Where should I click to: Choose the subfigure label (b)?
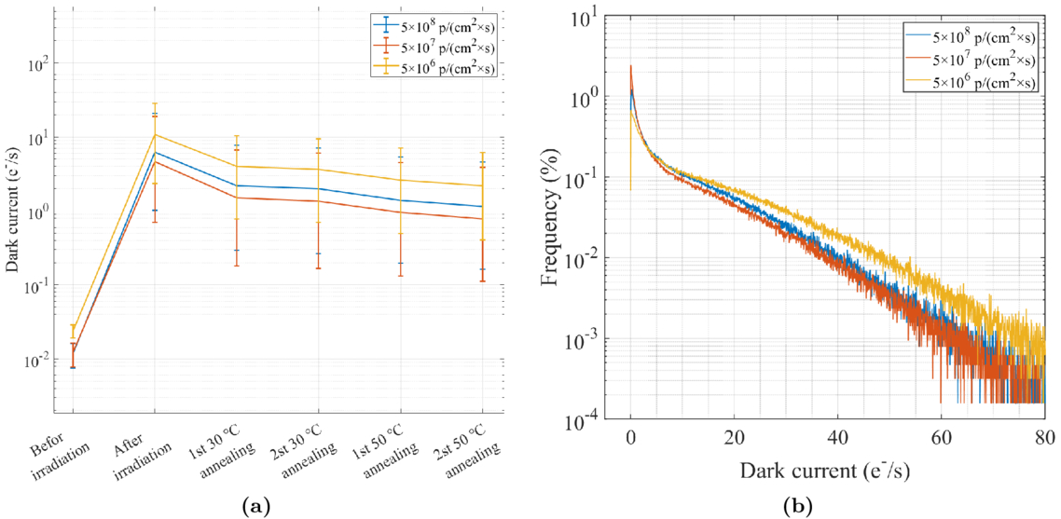(x=797, y=506)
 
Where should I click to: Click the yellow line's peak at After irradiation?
(x=156, y=134)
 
